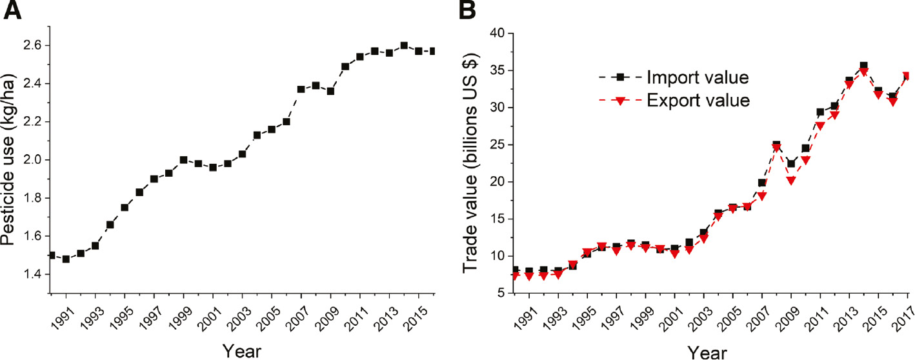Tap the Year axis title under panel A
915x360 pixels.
243,351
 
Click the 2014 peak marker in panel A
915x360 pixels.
404,46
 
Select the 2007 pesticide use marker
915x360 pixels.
301,89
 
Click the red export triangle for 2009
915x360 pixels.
790,181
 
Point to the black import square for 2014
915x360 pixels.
863,66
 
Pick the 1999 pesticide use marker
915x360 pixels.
183,160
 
